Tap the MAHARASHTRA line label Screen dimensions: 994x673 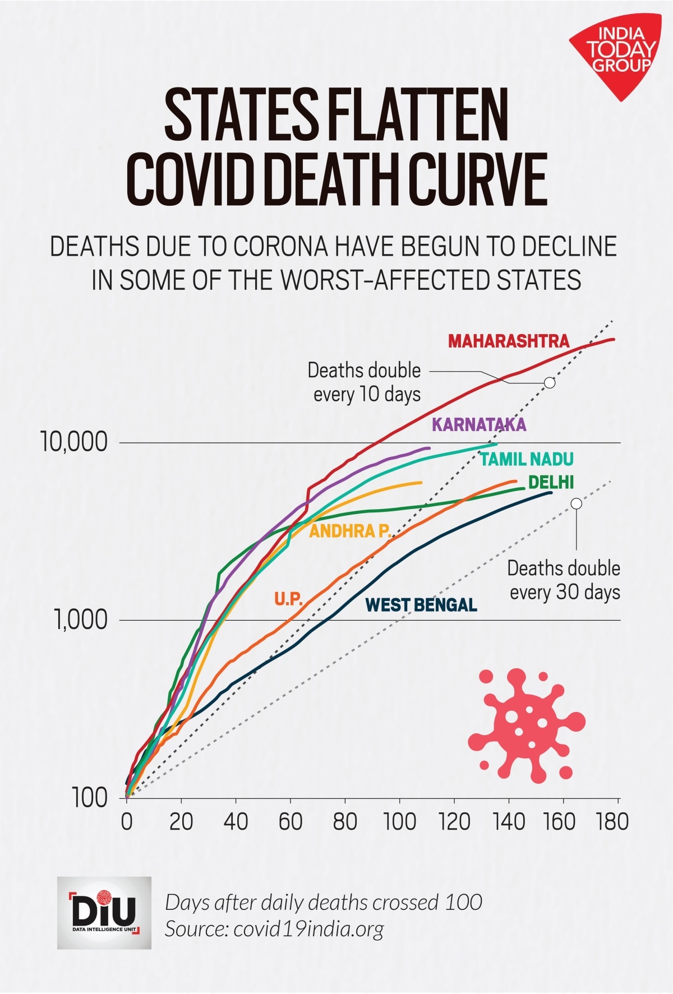pyautogui.click(x=508, y=341)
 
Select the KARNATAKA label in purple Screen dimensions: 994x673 pyautogui.click(x=479, y=424)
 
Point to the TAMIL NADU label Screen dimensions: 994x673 pyautogui.click(x=527, y=459)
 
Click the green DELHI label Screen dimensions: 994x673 pyautogui.click(x=551, y=482)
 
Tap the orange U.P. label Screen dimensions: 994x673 pyautogui.click(x=288, y=599)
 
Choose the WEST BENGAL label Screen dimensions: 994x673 pyautogui.click(x=421, y=605)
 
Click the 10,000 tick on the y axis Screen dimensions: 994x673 pyautogui.click(x=73, y=442)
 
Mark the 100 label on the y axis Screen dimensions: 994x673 pyautogui.click(x=89, y=798)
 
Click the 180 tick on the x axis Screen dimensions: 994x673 pyautogui.click(x=612, y=822)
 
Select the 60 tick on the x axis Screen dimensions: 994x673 pyautogui.click(x=291, y=822)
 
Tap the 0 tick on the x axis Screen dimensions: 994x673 pyautogui.click(x=127, y=822)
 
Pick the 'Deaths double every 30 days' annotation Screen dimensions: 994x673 pyautogui.click(x=564, y=580)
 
